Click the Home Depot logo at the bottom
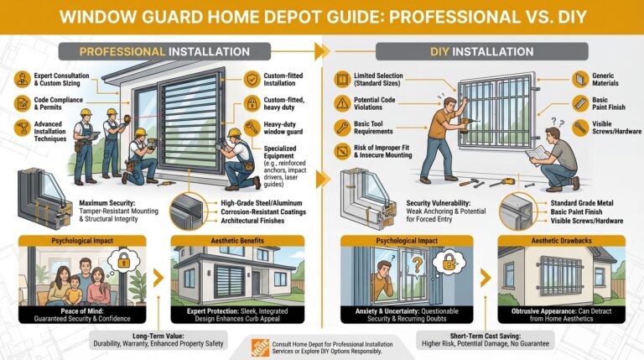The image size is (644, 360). coord(260,346)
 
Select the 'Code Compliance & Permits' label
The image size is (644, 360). coord(52,106)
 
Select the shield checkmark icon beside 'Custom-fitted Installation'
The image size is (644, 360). coord(252,81)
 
